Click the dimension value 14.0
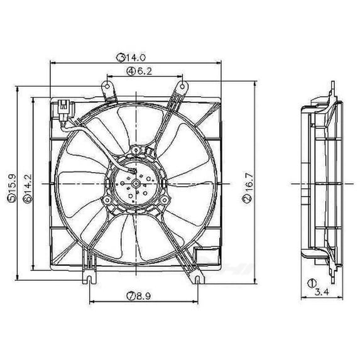[135, 57]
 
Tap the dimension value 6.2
[145, 72]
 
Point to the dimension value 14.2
[28, 183]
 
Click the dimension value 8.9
[143, 296]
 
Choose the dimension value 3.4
[322, 292]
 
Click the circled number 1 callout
[312, 283]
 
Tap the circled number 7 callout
[131, 297]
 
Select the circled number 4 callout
[131, 72]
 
